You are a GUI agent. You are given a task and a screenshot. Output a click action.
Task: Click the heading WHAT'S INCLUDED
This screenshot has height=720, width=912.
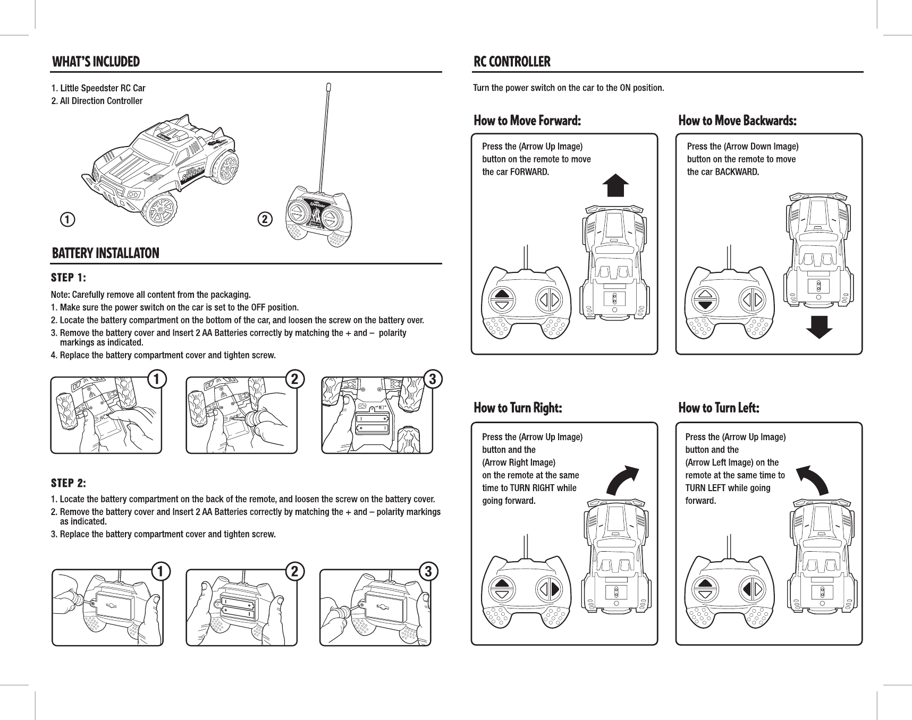[96, 62]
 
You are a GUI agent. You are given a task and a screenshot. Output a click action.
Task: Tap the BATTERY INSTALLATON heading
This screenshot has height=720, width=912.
[105, 253]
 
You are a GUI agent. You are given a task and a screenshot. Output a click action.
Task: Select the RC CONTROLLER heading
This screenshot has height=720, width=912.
[512, 62]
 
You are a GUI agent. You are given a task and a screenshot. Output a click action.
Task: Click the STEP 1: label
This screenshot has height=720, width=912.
[69, 278]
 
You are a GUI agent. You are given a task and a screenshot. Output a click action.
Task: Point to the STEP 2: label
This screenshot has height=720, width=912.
[69, 483]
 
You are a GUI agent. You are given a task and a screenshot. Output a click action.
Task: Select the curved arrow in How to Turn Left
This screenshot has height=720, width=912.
[813, 480]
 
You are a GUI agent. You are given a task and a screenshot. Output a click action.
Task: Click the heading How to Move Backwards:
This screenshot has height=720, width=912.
[737, 121]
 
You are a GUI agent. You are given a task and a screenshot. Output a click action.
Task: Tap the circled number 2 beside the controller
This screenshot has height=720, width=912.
[265, 218]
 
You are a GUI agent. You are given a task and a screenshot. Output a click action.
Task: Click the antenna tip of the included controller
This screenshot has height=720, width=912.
[328, 87]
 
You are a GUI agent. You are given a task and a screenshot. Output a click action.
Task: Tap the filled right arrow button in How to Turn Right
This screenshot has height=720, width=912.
[555, 589]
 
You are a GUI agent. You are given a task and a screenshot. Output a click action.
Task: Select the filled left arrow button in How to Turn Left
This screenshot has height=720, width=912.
[747, 589]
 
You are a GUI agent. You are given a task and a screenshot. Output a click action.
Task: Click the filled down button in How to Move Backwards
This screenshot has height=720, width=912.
[705, 305]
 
